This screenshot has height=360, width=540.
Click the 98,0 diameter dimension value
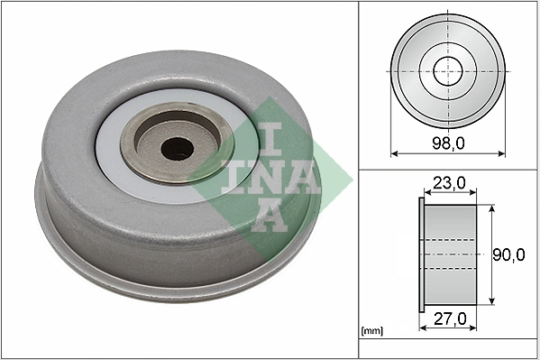(x=448, y=143)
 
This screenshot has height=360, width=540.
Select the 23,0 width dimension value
(x=449, y=183)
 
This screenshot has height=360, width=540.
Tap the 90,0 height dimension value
(x=509, y=255)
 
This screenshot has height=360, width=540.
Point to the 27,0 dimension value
(x=448, y=319)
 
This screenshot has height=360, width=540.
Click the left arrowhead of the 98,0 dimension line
(x=394, y=153)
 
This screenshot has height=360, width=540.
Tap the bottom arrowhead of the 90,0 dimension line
(x=490, y=301)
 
